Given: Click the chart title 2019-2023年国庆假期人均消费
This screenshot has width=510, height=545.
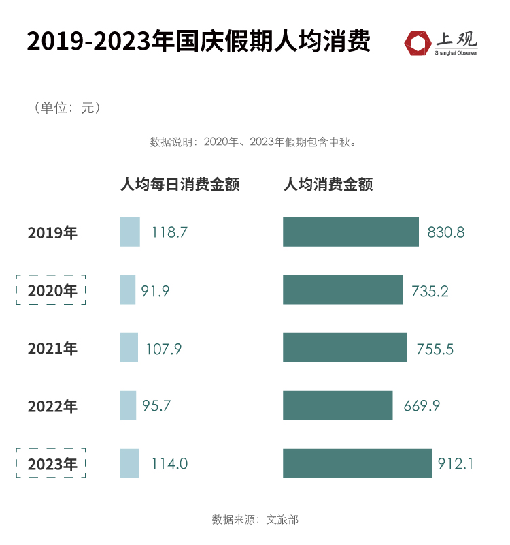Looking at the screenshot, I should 199,42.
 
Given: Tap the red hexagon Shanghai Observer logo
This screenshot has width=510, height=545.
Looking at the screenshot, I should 418,42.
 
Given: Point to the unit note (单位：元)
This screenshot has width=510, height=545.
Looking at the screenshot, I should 67,108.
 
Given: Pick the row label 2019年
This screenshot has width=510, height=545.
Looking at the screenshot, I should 52,233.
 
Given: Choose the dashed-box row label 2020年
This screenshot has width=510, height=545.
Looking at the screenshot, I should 52,291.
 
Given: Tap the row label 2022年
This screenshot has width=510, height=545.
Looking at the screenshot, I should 52,407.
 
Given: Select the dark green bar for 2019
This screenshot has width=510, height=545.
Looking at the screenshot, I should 350,232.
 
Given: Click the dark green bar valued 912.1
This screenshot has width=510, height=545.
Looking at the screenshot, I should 357,463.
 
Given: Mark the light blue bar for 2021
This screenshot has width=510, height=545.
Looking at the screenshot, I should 129,348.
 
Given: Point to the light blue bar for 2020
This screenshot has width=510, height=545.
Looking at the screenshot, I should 128,290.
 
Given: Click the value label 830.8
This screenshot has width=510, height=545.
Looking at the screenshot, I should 446,233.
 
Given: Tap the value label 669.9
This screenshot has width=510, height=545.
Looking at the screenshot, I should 422,406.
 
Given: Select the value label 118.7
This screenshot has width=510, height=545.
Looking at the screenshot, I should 169,233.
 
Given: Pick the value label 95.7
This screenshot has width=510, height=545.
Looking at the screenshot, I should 156,406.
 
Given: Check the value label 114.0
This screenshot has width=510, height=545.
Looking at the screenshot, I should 169,464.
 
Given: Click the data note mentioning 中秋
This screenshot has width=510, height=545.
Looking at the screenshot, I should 253,142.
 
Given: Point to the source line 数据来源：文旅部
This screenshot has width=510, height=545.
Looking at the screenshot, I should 255,519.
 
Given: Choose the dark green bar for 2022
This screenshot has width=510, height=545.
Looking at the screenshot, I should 337,405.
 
